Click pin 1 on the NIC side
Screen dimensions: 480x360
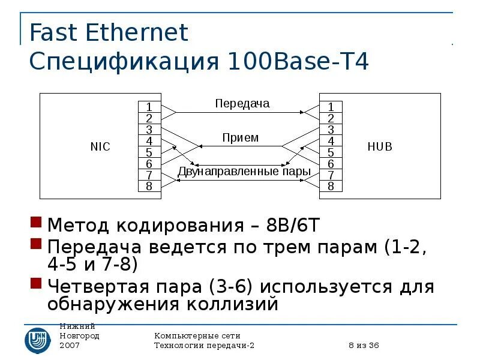149,106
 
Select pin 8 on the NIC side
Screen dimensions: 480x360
149,186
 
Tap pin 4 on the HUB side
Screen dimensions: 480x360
331,140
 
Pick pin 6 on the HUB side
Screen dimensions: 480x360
331,163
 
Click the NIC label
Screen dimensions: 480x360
100,146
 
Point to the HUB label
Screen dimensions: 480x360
380,146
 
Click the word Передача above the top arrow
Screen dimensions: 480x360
242,103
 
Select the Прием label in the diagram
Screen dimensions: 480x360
240,137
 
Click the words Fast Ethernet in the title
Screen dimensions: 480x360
109,32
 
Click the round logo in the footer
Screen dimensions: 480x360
37,339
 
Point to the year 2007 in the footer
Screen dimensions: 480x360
70,346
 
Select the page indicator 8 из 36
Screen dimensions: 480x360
364,346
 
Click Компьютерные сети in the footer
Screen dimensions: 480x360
197,335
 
